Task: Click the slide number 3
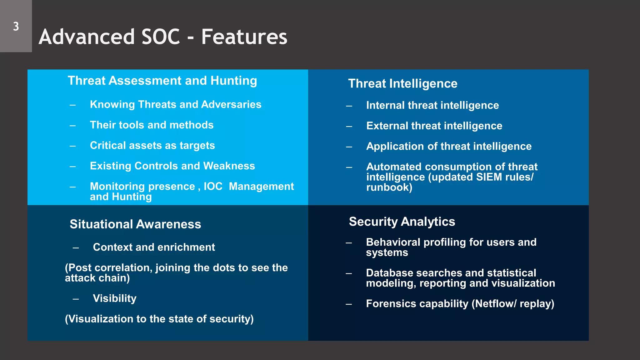pos(16,27)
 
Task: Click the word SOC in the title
pos(161,37)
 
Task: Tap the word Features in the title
pos(244,37)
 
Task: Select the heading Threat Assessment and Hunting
pos(162,81)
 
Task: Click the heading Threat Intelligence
pos(402,84)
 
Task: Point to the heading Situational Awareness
pos(135,224)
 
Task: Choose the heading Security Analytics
pos(402,222)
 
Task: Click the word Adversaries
pos(231,104)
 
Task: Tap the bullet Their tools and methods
pos(152,125)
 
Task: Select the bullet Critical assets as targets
pos(152,146)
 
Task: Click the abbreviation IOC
pos(213,186)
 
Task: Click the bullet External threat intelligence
pos(434,126)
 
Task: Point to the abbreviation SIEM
pos(489,177)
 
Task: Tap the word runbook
pos(388,187)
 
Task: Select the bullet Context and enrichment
pos(154,247)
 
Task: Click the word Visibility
pos(114,298)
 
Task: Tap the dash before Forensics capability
pos(349,304)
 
